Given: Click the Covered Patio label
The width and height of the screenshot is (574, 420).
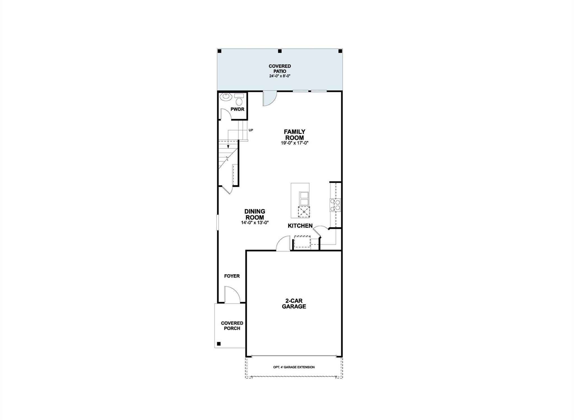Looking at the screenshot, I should coord(280,69).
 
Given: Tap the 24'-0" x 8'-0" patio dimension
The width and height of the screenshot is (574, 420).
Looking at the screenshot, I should coord(280,76).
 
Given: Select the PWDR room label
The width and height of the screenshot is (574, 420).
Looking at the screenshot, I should coord(237,109).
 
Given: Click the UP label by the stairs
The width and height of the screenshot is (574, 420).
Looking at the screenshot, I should coord(251,130).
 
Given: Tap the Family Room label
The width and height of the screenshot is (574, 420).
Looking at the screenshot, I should coord(294,134).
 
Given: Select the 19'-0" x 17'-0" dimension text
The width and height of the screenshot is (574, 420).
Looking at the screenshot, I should coord(294,143).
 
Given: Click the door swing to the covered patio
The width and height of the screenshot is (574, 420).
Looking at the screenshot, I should coord(269,98).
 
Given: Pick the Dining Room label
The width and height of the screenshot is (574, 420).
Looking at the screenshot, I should coord(254,214).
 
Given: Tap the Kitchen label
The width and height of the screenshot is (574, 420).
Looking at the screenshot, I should coord(300,226).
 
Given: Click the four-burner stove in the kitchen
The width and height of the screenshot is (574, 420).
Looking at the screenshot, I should coord(335,205).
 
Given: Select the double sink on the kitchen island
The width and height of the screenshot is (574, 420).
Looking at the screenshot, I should coord(304,199).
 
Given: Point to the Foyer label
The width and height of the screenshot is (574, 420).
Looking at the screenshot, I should coord(232,276).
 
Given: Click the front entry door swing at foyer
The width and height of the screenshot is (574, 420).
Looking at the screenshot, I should coord(232,295).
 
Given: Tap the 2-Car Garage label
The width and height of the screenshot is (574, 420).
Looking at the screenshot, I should coord(294,304).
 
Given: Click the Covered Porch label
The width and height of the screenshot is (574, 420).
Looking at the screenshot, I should coord(232,326).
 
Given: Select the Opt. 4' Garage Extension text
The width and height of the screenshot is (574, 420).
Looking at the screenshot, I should coord(294,367).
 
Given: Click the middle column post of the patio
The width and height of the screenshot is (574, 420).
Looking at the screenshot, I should coord(279,51).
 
